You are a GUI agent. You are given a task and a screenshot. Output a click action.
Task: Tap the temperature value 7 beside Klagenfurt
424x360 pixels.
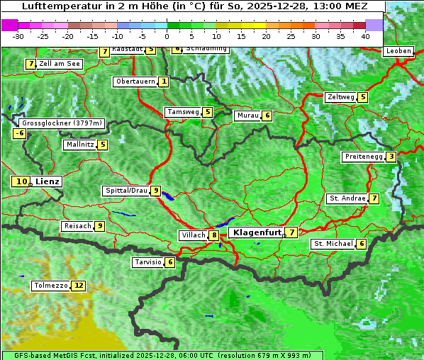(291, 232)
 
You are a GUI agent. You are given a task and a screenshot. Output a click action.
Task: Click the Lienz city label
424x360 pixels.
(48, 181)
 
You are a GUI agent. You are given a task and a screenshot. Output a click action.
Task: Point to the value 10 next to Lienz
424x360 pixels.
(21, 181)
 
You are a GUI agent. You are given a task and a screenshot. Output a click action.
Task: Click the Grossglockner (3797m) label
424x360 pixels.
(62, 123)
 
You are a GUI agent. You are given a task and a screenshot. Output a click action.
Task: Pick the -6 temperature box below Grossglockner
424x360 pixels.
(20, 133)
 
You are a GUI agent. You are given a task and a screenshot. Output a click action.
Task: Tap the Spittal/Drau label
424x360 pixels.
(125, 191)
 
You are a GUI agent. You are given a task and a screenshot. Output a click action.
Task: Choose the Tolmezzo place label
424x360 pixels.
(50, 286)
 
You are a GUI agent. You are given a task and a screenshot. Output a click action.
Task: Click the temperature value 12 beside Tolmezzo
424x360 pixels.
(78, 286)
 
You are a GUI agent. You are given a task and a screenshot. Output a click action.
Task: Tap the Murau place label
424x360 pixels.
(247, 116)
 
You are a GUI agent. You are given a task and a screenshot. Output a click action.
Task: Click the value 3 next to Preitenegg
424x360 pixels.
(391, 157)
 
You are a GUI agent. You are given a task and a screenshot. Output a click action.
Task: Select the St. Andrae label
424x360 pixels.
(347, 198)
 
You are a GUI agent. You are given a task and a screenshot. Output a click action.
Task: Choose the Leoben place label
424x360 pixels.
(398, 51)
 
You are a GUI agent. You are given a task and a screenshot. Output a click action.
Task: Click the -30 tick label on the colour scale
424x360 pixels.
(18, 35)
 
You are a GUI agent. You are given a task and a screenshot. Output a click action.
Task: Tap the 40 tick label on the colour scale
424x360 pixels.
(365, 35)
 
